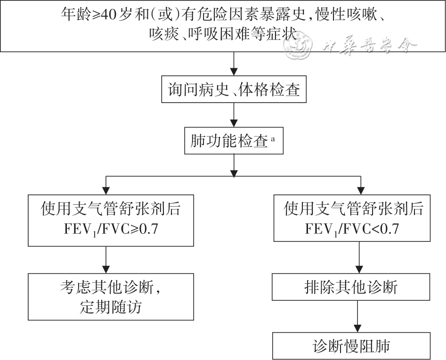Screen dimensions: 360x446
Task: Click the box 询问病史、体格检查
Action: (x=234, y=90)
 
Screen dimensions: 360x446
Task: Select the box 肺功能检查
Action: (x=234, y=141)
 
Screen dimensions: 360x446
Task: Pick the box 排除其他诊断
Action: (x=351, y=287)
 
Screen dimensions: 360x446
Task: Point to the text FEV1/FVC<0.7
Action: (x=351, y=230)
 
